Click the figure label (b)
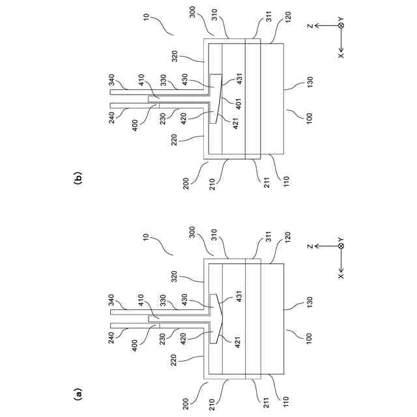pyautogui.click(x=79, y=176)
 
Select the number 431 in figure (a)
pyautogui.click(x=239, y=294)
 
